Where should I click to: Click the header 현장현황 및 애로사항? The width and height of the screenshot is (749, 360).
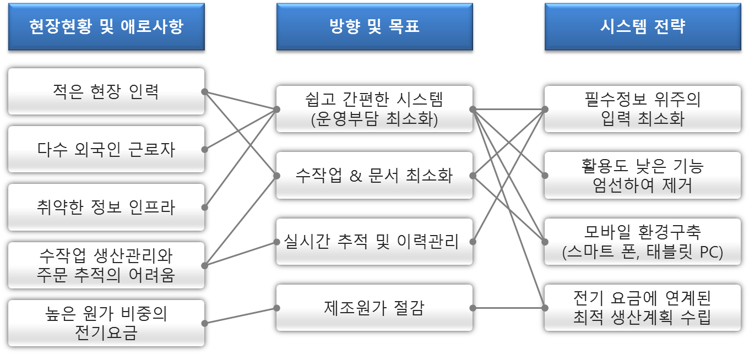coord(106,27)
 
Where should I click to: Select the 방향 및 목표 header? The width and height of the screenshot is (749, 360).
coord(374,27)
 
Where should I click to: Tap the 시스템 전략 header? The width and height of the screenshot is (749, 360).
coord(642,27)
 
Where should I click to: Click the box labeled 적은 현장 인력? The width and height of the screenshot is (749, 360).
coord(106,91)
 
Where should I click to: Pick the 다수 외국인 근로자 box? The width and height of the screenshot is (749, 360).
coord(106,149)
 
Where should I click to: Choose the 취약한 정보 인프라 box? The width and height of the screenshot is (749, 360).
coord(106,207)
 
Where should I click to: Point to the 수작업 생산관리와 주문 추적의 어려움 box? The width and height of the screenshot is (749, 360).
coord(106,265)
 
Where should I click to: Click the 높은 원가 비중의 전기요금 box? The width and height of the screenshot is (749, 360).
coord(106,323)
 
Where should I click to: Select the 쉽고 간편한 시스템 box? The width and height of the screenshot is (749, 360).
coord(374,109)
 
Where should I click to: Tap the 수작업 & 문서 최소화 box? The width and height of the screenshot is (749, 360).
coord(374,176)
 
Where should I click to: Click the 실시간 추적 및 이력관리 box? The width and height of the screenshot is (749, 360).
coord(374,242)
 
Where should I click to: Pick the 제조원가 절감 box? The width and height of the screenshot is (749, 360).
coord(374,308)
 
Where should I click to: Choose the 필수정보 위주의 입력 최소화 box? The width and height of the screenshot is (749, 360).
coord(642,109)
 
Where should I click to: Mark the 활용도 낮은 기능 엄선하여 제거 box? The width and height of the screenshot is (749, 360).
coord(642,176)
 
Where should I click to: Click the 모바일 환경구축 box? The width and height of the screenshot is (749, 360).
coord(642,242)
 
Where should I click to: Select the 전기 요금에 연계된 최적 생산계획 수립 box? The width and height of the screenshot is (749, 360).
coord(642,308)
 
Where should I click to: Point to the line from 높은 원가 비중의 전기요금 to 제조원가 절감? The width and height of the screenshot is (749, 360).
coord(240,315)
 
